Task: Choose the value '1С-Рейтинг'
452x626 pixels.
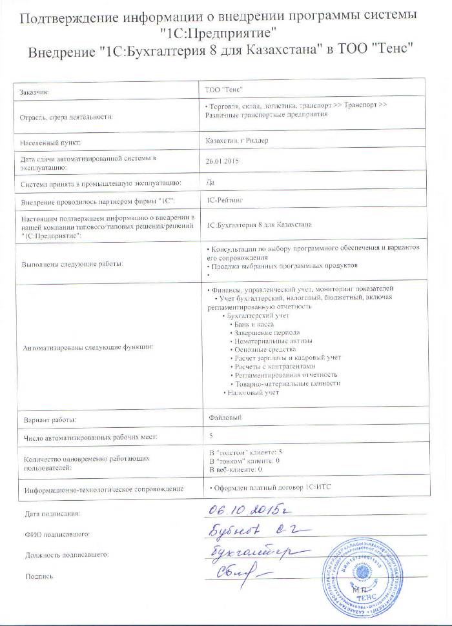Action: coord(222,201)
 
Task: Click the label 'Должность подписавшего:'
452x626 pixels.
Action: coord(67,554)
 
